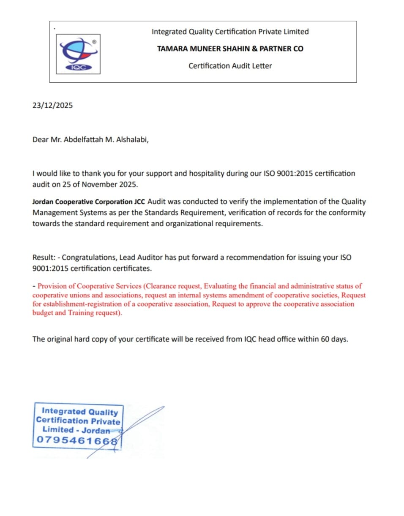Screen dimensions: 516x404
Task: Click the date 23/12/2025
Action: click(x=52, y=106)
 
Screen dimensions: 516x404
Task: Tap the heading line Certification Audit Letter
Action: click(x=230, y=66)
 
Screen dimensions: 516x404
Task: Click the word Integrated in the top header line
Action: click(x=169, y=32)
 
